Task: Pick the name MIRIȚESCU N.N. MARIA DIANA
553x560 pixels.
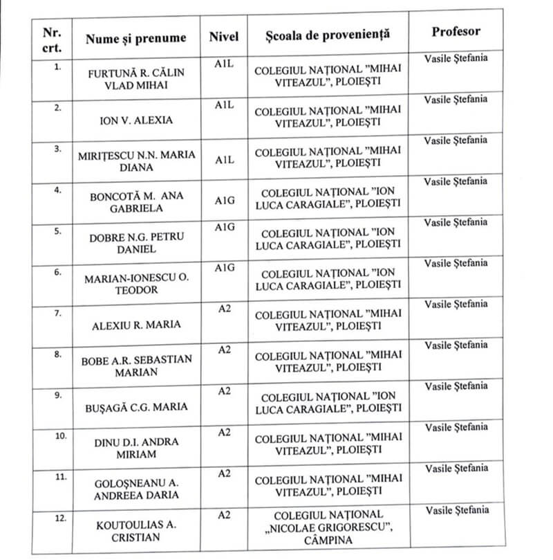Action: point(135,161)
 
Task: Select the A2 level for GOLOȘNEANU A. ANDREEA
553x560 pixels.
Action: point(224,473)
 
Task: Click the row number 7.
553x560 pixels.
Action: point(58,313)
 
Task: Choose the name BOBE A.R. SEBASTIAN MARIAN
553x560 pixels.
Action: point(135,365)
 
